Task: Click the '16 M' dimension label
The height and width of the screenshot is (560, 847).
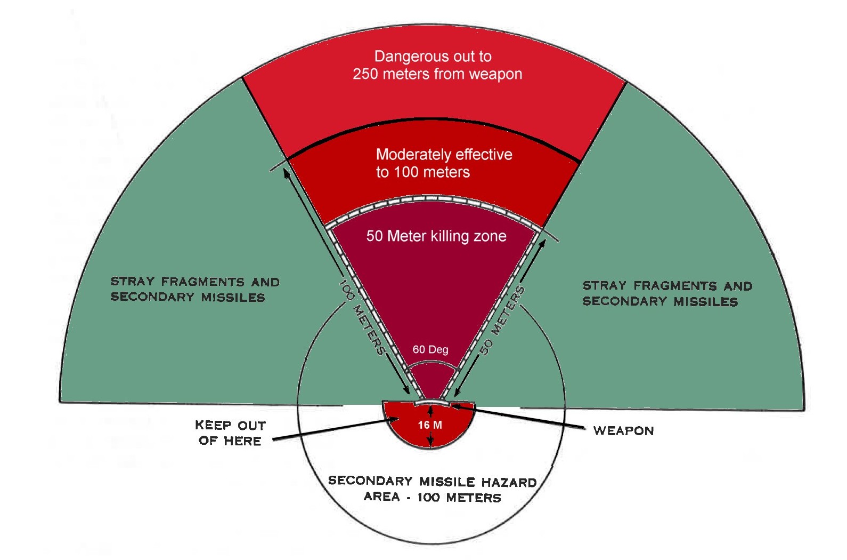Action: pyautogui.click(x=430, y=425)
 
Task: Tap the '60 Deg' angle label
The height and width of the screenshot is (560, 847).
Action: pyautogui.click(x=430, y=350)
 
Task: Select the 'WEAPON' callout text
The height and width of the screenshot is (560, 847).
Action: pyautogui.click(x=623, y=431)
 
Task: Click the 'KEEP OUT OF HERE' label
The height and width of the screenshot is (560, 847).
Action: pyautogui.click(x=230, y=433)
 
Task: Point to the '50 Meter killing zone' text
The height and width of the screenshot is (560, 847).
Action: pyautogui.click(x=436, y=236)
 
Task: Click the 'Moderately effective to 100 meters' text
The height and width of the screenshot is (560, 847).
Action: pyautogui.click(x=444, y=163)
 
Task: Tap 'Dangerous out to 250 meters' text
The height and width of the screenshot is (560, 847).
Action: pyautogui.click(x=437, y=65)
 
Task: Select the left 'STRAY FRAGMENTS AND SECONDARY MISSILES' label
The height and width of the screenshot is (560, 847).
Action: pyautogui.click(x=195, y=290)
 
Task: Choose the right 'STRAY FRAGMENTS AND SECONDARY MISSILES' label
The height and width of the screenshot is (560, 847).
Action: pyautogui.click(x=667, y=294)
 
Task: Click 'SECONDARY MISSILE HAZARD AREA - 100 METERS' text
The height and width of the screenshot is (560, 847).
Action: pyautogui.click(x=432, y=489)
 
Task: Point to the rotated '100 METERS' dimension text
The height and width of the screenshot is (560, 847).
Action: pyautogui.click(x=362, y=317)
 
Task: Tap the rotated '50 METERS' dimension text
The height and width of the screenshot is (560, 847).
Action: pyautogui.click(x=502, y=320)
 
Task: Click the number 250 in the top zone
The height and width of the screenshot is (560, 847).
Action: pyautogui.click(x=365, y=74)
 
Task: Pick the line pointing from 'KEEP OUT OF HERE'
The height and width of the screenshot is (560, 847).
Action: pyautogui.click(x=336, y=430)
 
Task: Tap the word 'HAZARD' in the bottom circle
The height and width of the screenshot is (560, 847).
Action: pyautogui.click(x=509, y=482)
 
